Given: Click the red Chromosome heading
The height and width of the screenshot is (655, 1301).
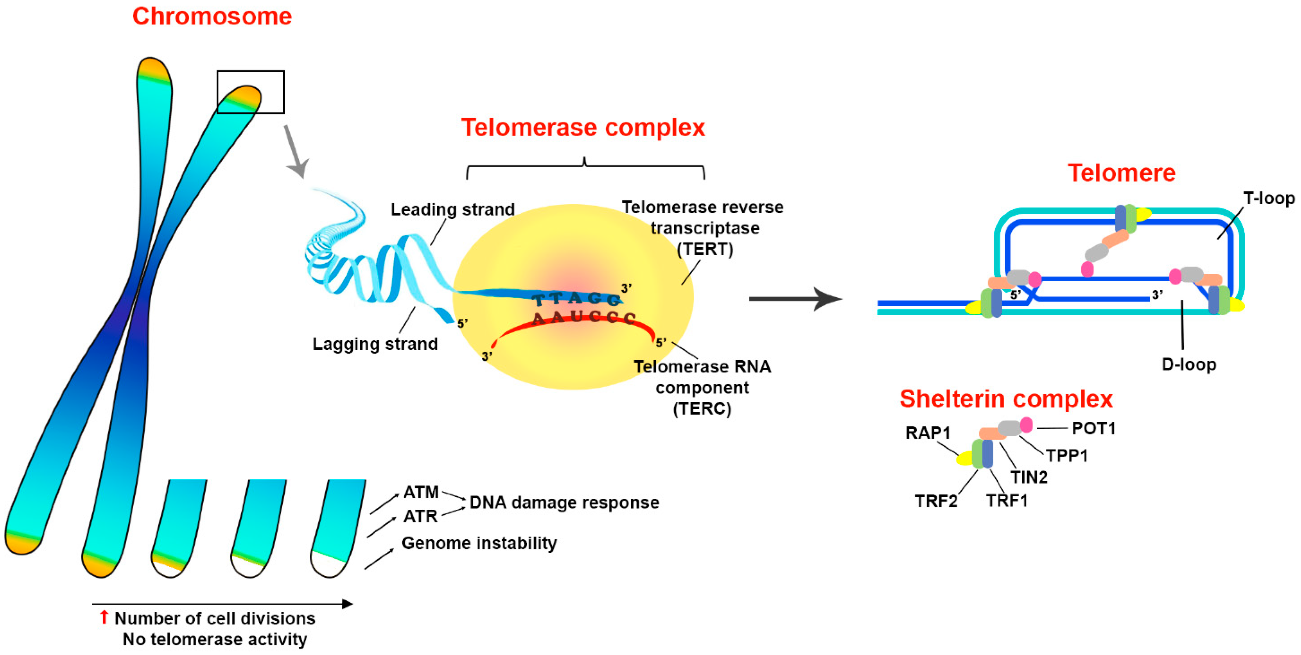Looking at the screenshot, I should click(x=212, y=16).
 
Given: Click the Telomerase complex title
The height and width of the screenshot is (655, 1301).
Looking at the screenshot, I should click(x=583, y=127).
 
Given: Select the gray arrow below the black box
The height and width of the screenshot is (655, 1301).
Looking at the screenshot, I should click(x=296, y=152).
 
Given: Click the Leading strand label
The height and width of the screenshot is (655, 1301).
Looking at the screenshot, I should click(x=453, y=210).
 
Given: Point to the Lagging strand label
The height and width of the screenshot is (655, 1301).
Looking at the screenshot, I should click(x=375, y=344).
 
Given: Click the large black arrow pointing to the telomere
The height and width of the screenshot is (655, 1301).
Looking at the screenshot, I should click(x=795, y=299).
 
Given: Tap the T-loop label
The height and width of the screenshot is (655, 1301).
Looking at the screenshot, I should click(x=1269, y=198).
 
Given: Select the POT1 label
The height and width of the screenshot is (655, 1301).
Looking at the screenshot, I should click(x=1093, y=428).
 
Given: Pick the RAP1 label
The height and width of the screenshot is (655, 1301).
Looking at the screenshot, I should click(x=928, y=433).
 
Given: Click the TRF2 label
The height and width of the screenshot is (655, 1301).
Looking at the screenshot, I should click(x=936, y=501).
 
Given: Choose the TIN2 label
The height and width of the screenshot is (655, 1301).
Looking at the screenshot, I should click(x=1029, y=477).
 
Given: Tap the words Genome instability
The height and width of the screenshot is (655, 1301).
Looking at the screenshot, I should click(x=479, y=544).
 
